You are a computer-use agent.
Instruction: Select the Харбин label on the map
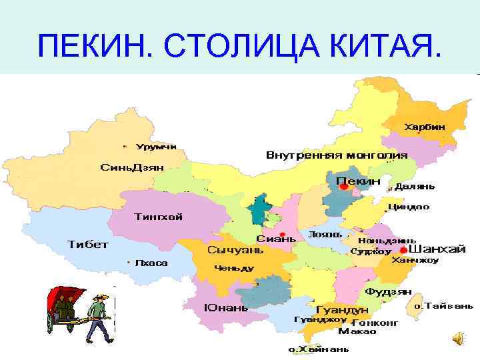[x=425, y=126]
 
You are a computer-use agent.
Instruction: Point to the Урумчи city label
[x=156, y=146]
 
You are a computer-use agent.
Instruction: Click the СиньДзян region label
[x=132, y=167]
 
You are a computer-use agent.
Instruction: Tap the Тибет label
[x=88, y=244]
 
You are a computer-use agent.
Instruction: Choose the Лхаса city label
[x=151, y=263]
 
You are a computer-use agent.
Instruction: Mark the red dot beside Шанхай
[x=395, y=250]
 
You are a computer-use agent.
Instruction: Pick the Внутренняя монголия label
[x=337, y=155]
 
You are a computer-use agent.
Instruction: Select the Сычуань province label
[x=235, y=251]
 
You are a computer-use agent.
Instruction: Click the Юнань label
[x=226, y=307]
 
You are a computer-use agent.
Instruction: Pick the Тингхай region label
[x=159, y=217]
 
